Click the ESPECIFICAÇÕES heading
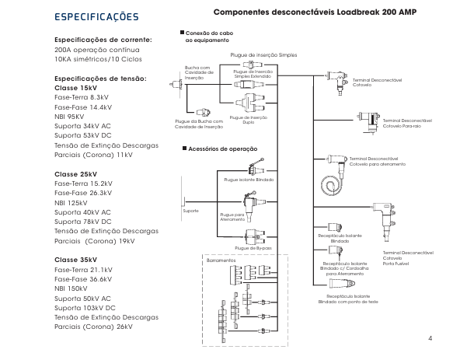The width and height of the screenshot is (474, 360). [x=96, y=16]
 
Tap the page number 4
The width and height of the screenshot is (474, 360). [x=430, y=338]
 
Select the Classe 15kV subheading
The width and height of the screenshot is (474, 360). [x=75, y=88]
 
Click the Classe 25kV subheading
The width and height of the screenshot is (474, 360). [x=75, y=174]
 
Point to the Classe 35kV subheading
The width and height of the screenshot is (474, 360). [x=75, y=260]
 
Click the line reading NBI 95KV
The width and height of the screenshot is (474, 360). [x=69, y=117]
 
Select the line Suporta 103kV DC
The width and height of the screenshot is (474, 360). [x=85, y=308]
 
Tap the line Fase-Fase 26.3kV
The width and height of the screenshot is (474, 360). [x=83, y=193]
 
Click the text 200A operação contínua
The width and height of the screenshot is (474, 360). [x=97, y=50]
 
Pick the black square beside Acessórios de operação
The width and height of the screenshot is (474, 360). [x=184, y=149]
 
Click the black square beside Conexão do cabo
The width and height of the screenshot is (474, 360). [x=182, y=33]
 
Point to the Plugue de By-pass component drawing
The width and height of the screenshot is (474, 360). [x=256, y=237]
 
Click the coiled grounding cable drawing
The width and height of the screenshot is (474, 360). [x=331, y=184]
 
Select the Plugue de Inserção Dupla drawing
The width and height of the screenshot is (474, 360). [x=251, y=103]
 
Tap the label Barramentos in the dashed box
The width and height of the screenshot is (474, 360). [x=221, y=260]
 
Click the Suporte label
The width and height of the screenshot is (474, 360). [x=190, y=211]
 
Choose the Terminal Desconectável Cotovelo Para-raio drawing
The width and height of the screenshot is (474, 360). [x=368, y=122]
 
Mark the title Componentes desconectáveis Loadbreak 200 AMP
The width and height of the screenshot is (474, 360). [x=315, y=12]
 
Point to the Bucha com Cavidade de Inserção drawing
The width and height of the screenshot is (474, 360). [x=176, y=84]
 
